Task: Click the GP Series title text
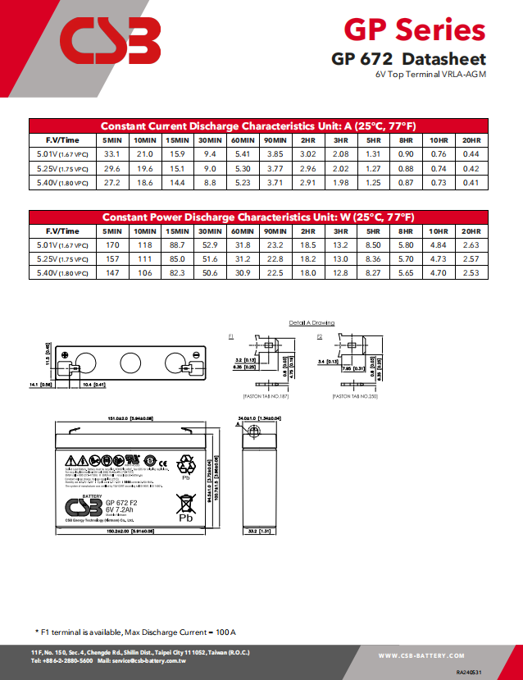point(414,30)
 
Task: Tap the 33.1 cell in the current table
point(112,153)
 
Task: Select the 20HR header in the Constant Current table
point(471,139)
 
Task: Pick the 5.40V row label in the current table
point(62,182)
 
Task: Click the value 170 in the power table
point(112,244)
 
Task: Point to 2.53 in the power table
point(471,272)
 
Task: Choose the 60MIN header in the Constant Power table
point(243,230)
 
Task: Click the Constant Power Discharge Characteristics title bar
point(257,217)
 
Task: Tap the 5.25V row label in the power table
point(62,258)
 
